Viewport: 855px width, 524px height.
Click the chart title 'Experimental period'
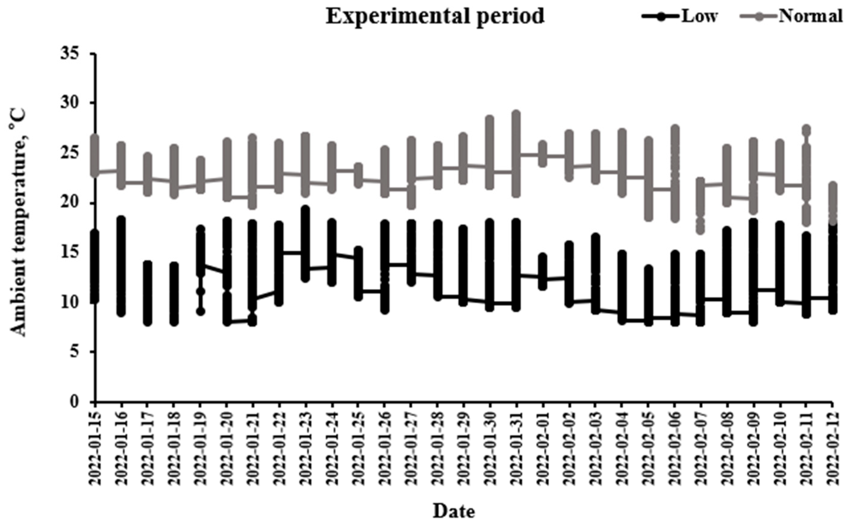435,17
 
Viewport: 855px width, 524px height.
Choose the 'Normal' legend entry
811,16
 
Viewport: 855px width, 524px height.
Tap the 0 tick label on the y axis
75,402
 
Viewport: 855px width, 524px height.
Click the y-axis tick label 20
71,203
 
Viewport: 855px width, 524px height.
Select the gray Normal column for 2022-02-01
543,154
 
